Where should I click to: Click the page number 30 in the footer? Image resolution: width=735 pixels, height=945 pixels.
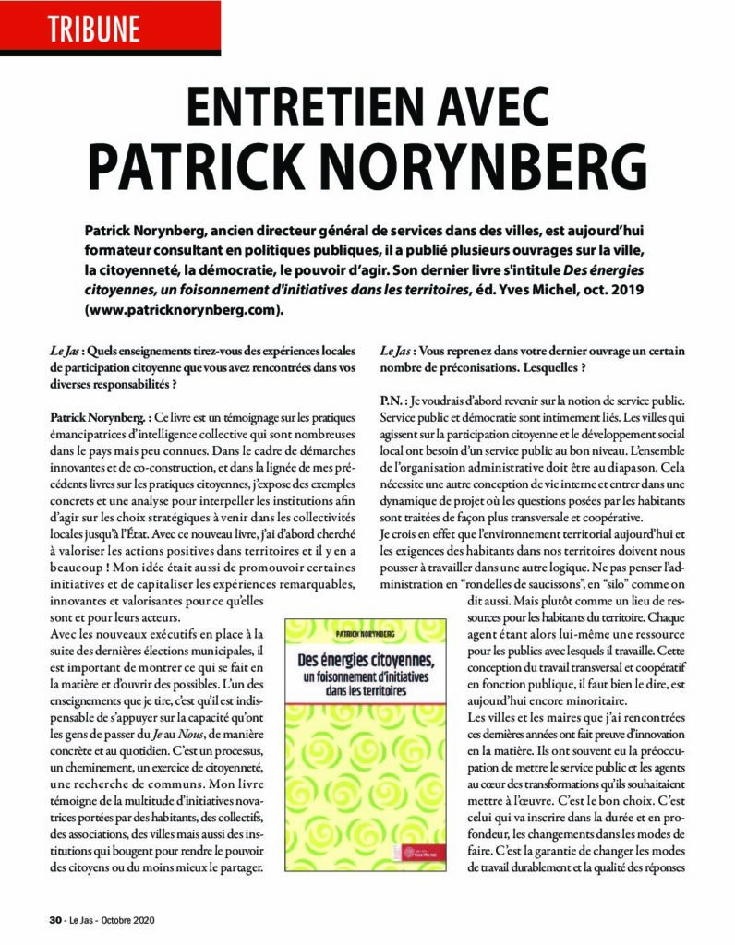54,919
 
